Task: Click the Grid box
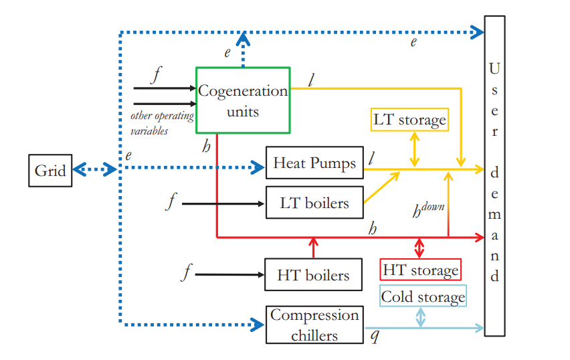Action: pyautogui.click(x=50, y=170)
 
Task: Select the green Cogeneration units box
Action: pyautogui.click(x=242, y=100)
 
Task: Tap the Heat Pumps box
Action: pyautogui.click(x=314, y=163)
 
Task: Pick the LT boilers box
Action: pyautogui.click(x=314, y=202)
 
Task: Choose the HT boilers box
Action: pyautogui.click(x=313, y=274)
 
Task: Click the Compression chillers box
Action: pyautogui.click(x=314, y=325)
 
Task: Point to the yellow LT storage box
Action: pyautogui.click(x=409, y=120)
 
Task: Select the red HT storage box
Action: pyautogui.click(x=420, y=270)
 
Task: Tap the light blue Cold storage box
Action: pyautogui.click(x=423, y=296)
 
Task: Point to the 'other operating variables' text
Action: pyautogui.click(x=161, y=123)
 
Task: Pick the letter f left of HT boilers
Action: pyautogui.click(x=187, y=273)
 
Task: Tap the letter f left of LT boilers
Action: pyautogui.click(x=171, y=201)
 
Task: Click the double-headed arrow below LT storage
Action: pyautogui.click(x=416, y=149)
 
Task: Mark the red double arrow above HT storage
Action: pyautogui.click(x=420, y=248)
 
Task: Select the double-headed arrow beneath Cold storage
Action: pyautogui.click(x=420, y=317)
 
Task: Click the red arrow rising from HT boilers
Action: pyautogui.click(x=312, y=246)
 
